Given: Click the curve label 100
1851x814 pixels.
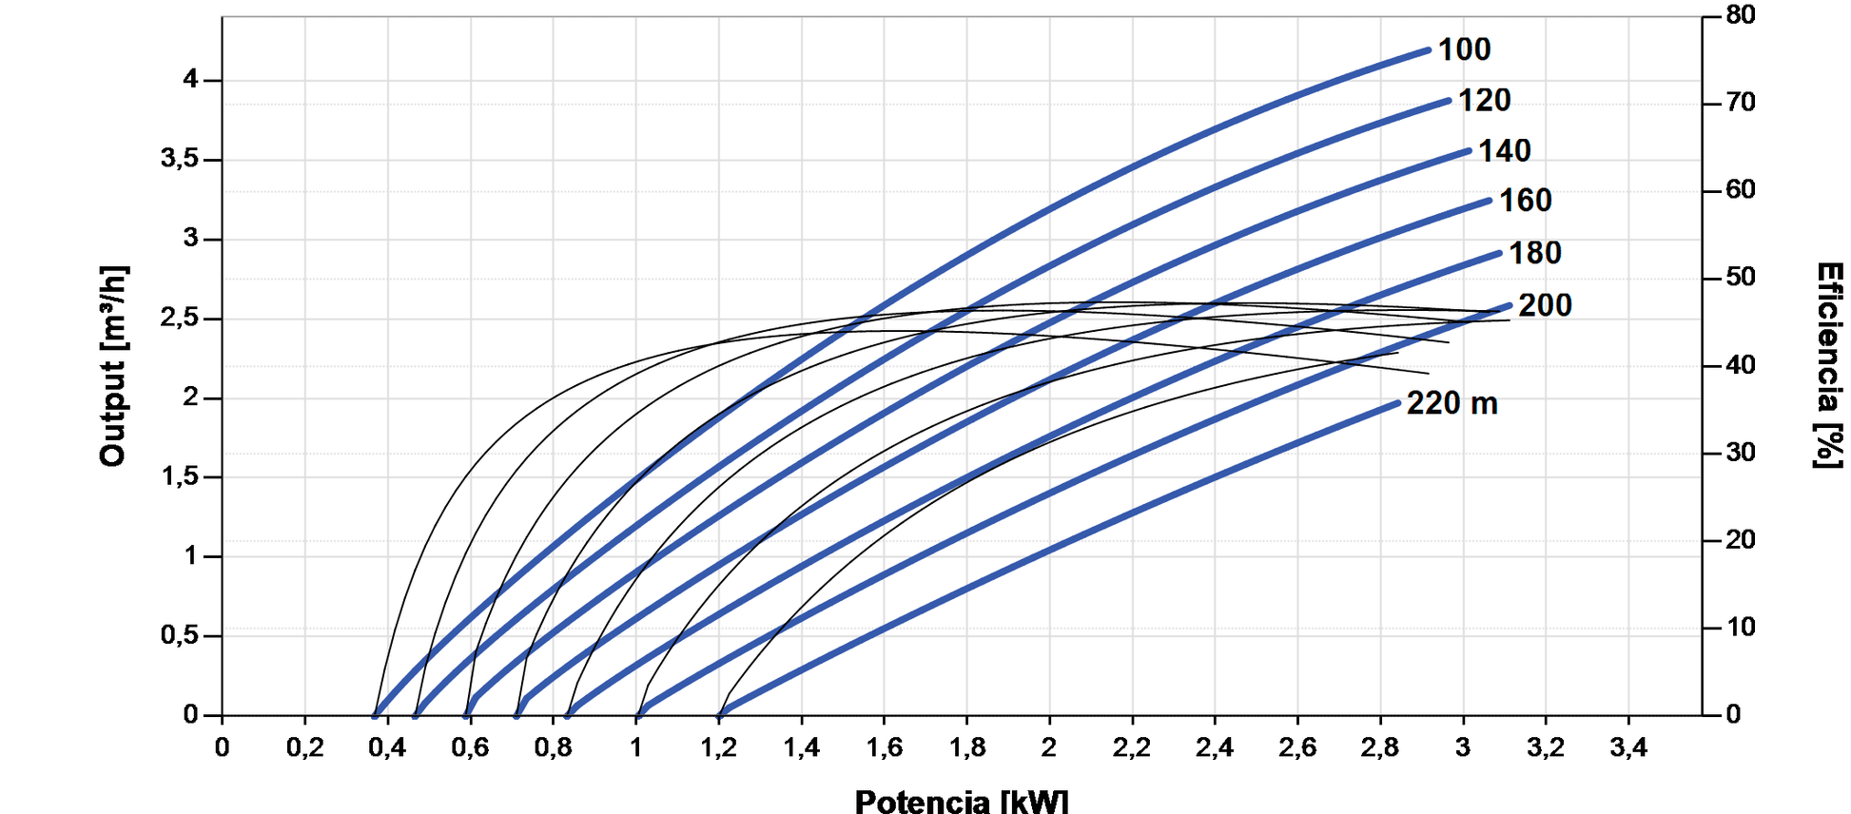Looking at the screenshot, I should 1464,49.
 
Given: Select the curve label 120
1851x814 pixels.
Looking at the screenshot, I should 1484,100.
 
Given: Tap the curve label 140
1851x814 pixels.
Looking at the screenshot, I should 1504,150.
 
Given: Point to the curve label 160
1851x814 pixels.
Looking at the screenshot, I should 1525,201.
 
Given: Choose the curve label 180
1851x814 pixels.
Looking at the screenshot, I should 1535,253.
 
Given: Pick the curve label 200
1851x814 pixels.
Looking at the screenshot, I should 1545,305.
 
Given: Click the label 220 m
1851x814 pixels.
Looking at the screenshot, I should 1452,403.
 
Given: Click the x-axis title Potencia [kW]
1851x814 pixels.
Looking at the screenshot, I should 962,801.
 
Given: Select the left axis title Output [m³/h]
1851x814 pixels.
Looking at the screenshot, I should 113,366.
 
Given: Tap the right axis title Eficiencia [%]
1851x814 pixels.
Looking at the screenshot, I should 1828,366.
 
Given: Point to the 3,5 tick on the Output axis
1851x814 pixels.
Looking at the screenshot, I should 180,159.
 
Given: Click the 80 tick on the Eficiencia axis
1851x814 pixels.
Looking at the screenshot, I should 1741,15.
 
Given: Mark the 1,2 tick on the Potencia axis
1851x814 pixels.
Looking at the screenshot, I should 719,747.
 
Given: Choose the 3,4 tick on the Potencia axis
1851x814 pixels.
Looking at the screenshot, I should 1628,747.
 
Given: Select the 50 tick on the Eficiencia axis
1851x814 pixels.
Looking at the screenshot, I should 1741,278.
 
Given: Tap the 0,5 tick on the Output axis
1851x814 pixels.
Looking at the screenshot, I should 180,634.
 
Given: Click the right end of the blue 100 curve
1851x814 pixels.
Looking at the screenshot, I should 1428,50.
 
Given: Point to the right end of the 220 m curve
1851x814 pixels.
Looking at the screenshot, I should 1398,403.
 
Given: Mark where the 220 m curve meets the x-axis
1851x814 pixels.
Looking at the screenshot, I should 720,714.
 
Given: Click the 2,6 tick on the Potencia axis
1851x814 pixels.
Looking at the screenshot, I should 1297,747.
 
